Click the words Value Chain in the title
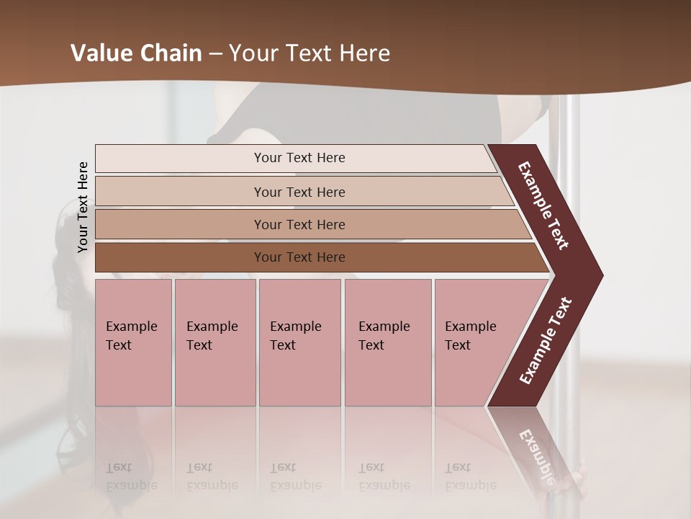tap(136, 53)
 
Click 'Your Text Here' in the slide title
tap(310, 53)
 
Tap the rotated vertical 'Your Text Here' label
tap(83, 207)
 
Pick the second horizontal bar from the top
tap(299, 192)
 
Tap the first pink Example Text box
tap(133, 342)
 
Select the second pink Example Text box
tap(214, 342)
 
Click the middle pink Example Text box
tap(299, 342)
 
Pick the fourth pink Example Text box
tap(387, 342)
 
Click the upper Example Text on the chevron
tap(543, 205)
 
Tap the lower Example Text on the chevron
tap(546, 341)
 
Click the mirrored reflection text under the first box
tap(131, 476)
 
